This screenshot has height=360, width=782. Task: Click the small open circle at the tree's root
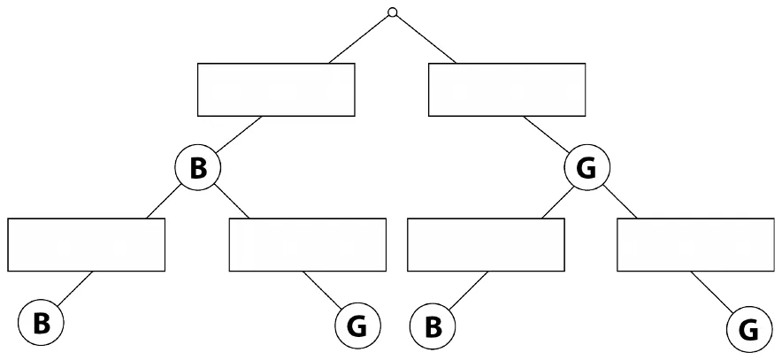tap(393, 12)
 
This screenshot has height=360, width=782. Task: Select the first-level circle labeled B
tap(198, 168)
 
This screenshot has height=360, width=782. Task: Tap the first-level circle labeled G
tap(587, 168)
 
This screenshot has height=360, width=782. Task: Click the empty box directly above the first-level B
tap(276, 89)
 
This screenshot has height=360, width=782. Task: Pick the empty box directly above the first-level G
tap(507, 89)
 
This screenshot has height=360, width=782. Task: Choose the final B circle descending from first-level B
tap(41, 323)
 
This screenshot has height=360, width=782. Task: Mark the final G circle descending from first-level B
tap(357, 326)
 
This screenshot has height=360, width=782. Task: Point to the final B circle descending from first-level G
tap(433, 326)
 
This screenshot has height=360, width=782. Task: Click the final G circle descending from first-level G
tap(749, 330)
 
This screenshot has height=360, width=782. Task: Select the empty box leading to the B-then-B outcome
tap(87, 245)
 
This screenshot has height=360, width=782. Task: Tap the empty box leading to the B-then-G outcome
tap(308, 245)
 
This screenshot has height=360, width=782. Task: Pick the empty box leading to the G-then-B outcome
tap(486, 245)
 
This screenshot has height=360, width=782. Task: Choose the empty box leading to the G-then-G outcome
tap(695, 245)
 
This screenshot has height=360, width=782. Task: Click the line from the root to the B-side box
tap(359, 39)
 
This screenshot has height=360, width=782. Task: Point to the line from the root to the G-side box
tap(425, 39)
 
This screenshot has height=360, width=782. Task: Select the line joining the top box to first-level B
tap(239, 134)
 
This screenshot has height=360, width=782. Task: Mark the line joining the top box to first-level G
tap(546, 134)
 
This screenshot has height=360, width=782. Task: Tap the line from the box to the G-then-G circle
tap(712, 292)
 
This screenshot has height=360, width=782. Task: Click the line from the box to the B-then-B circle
tap(75, 288)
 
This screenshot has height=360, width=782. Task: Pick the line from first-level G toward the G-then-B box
tap(557, 202)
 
